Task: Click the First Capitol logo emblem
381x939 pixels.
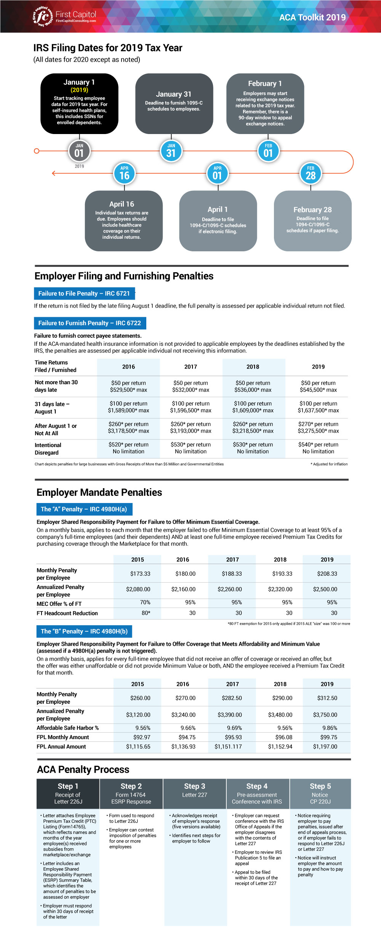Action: [x=42, y=16]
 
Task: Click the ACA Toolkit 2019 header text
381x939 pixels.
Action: [x=312, y=18]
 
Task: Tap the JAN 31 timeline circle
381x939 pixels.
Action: [x=171, y=151]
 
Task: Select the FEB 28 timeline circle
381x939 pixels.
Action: [x=311, y=174]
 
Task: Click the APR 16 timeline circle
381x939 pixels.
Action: [x=124, y=174]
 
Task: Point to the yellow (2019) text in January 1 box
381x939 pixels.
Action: [x=79, y=90]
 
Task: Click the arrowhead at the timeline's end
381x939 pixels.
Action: [x=54, y=173]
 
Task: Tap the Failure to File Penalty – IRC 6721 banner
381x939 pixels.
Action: [x=84, y=294]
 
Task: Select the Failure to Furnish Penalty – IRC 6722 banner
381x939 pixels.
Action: [x=90, y=323]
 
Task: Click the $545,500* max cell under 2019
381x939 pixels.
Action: [x=318, y=390]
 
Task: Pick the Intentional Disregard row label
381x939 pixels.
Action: [x=48, y=449]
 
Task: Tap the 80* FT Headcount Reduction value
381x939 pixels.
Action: [x=146, y=613]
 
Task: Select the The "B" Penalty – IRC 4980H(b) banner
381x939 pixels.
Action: [x=84, y=631]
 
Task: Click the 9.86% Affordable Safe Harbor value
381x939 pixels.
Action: [x=330, y=728]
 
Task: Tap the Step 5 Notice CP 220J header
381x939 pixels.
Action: [x=320, y=794]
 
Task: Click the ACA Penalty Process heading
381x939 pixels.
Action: [x=83, y=770]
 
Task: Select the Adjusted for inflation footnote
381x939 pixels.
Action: [x=329, y=464]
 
